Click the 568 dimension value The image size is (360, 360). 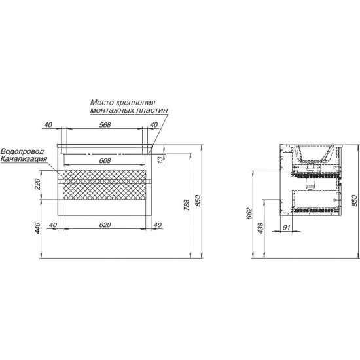click(x=105, y=124)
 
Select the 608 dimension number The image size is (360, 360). click(x=105, y=160)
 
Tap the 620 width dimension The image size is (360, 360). click(x=105, y=225)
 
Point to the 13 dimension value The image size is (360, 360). click(x=161, y=158)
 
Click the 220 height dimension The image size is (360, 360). click(x=37, y=185)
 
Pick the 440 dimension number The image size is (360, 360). click(x=37, y=228)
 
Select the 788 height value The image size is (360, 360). click(x=187, y=205)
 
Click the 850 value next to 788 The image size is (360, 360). click(x=198, y=200)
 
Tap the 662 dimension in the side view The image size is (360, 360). click(x=249, y=213)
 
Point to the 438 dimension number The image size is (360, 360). click(x=261, y=228)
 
